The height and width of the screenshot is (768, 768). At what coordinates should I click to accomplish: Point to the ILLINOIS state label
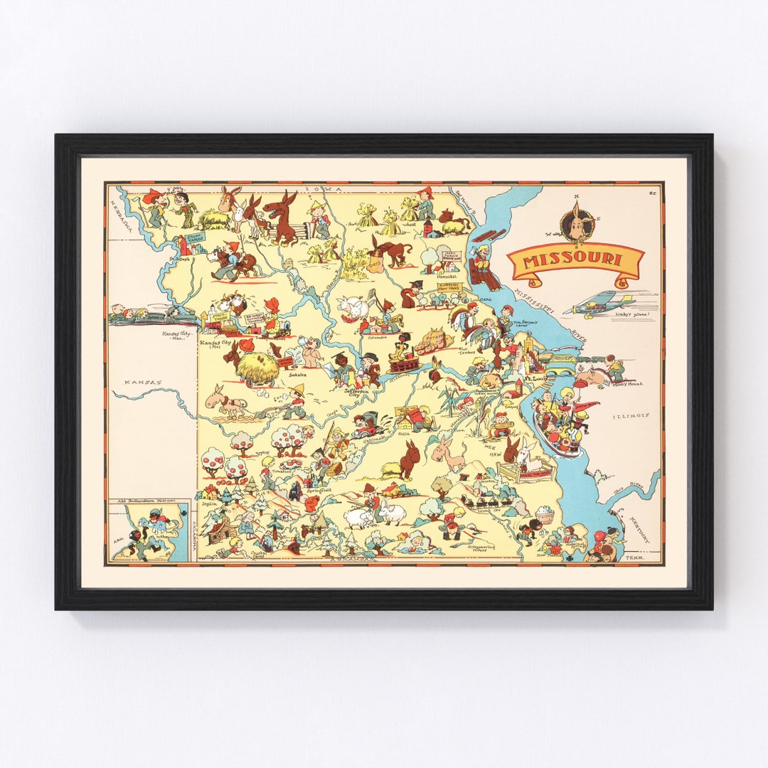[x=631, y=415]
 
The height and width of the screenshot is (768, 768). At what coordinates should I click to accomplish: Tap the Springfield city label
[x=319, y=490]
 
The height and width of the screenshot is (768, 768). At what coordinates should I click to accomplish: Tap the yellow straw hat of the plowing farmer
[x=299, y=390]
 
